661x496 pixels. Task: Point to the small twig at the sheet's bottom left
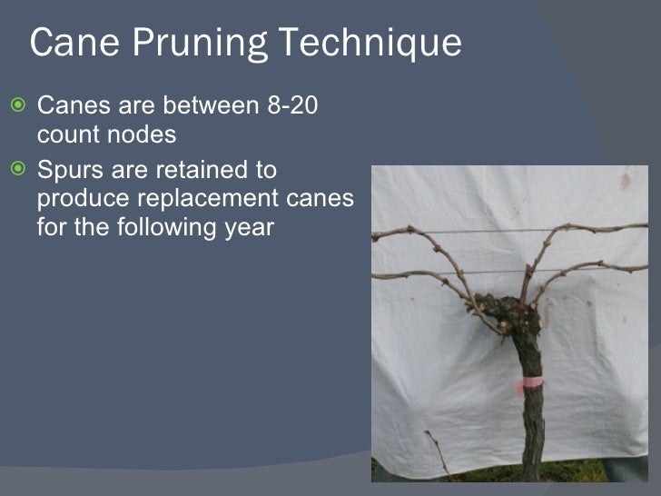(x=438, y=451)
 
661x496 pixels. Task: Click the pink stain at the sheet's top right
(x=625, y=182)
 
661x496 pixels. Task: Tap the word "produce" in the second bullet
(x=91, y=198)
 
